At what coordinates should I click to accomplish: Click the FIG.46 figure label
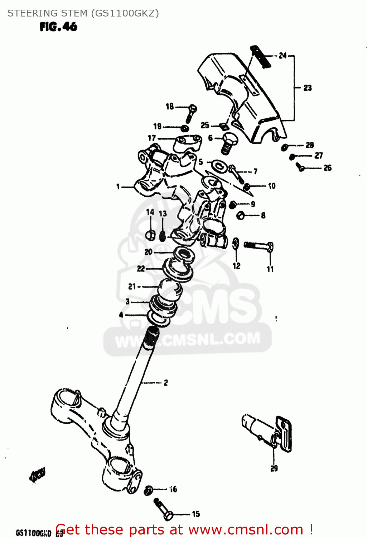(58, 27)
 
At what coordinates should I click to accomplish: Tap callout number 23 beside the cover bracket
(308, 88)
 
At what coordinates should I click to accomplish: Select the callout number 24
(283, 56)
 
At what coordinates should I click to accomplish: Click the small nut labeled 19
(185, 128)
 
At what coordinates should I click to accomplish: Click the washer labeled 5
(217, 165)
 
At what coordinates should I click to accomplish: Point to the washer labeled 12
(236, 243)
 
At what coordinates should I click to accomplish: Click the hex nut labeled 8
(241, 216)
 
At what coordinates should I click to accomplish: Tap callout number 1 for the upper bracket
(118, 187)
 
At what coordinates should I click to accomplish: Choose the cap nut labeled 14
(150, 235)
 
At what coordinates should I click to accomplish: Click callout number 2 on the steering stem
(166, 383)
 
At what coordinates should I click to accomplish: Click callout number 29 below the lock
(274, 468)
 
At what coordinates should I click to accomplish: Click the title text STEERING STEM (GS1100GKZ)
(83, 13)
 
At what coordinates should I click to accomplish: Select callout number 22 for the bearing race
(141, 268)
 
